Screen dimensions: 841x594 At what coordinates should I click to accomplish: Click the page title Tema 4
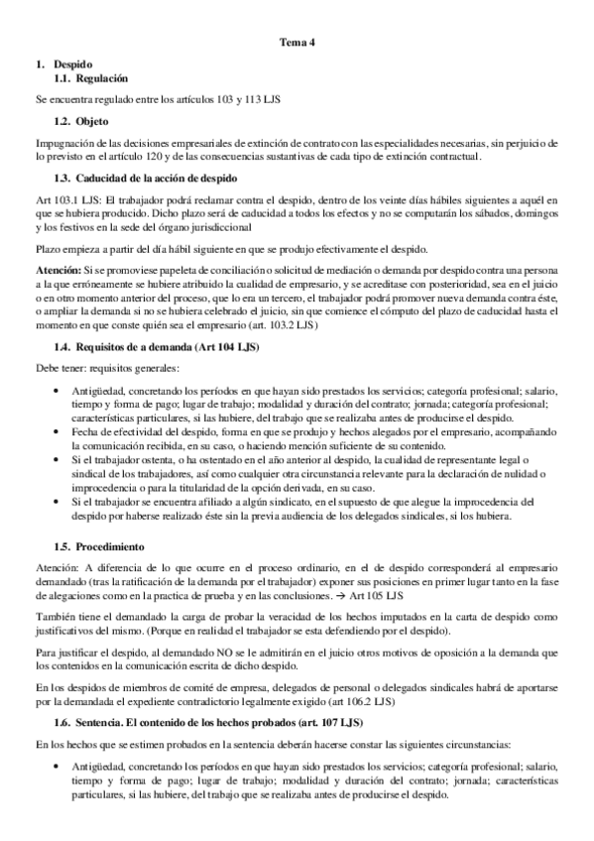(297, 42)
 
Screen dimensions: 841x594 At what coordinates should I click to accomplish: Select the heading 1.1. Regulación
(90, 77)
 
